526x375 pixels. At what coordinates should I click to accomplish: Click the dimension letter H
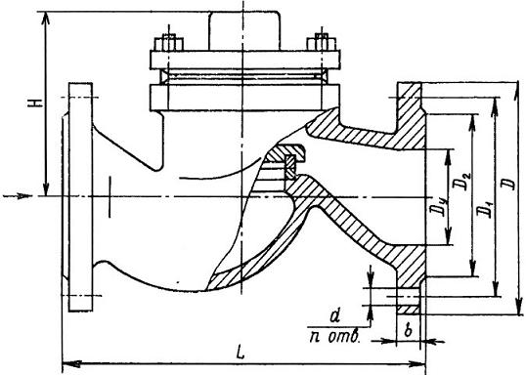point(35,103)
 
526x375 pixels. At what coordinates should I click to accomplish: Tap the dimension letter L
point(241,353)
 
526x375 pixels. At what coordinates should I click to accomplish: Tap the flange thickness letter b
point(408,331)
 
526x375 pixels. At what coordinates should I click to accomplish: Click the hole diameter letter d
point(334,316)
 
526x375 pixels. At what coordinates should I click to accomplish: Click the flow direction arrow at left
point(18,196)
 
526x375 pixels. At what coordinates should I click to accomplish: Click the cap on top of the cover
point(244,31)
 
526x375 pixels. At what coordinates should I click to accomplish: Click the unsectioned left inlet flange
point(80,197)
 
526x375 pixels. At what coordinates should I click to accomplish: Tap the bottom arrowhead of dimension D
point(518,306)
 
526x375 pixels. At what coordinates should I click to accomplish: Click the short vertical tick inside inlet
point(110,197)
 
